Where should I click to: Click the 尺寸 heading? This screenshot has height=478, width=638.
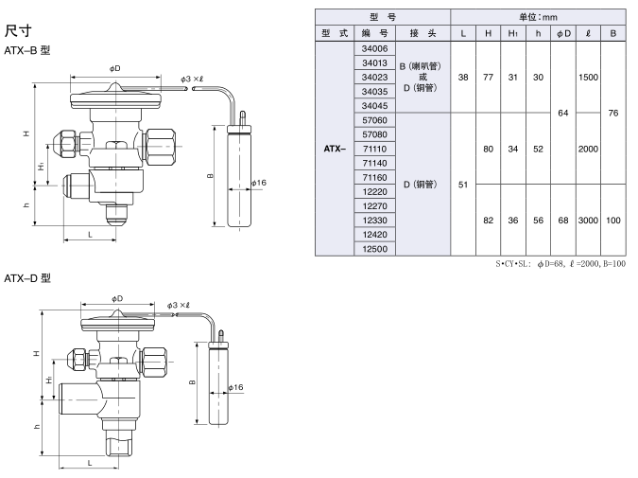[x=19, y=32]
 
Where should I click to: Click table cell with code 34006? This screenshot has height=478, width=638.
[x=375, y=48]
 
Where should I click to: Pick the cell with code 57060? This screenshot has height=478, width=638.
[x=375, y=120]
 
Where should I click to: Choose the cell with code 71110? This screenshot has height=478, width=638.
[x=375, y=149]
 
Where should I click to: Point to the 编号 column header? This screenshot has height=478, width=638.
[x=375, y=33]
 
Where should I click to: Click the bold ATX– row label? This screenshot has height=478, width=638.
[x=335, y=149]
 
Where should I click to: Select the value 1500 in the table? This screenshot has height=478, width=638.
[x=588, y=77]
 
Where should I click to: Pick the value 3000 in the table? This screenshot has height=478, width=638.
[x=588, y=220]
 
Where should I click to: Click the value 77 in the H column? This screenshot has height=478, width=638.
[x=488, y=77]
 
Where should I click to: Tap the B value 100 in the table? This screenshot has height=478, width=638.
[x=613, y=220]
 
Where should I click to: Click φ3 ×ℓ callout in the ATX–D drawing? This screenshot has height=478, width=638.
[x=178, y=305]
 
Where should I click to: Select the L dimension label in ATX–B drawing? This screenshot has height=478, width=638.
[x=90, y=233]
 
